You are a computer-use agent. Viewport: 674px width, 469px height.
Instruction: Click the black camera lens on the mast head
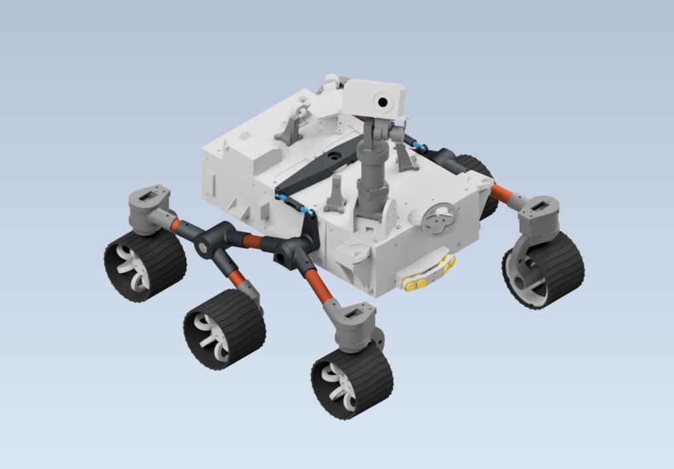[383, 101]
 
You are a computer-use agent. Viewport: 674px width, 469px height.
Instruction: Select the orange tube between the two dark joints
[252, 241]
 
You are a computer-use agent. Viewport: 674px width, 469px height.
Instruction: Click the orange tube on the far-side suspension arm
[501, 193]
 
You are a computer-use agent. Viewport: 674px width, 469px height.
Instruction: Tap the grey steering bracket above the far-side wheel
[539, 217]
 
